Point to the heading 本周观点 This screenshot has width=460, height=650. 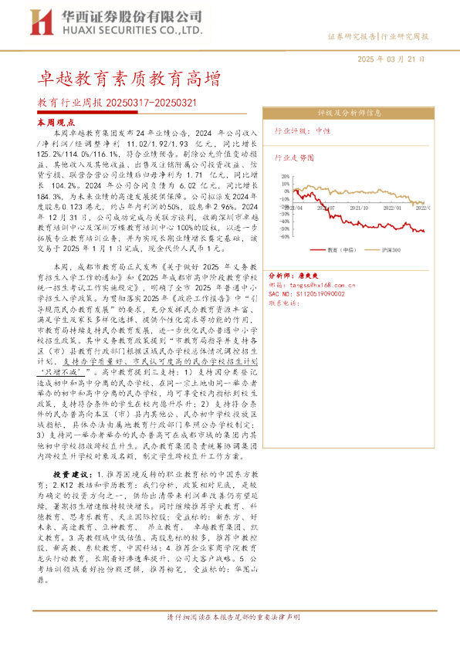[x=56, y=122]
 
